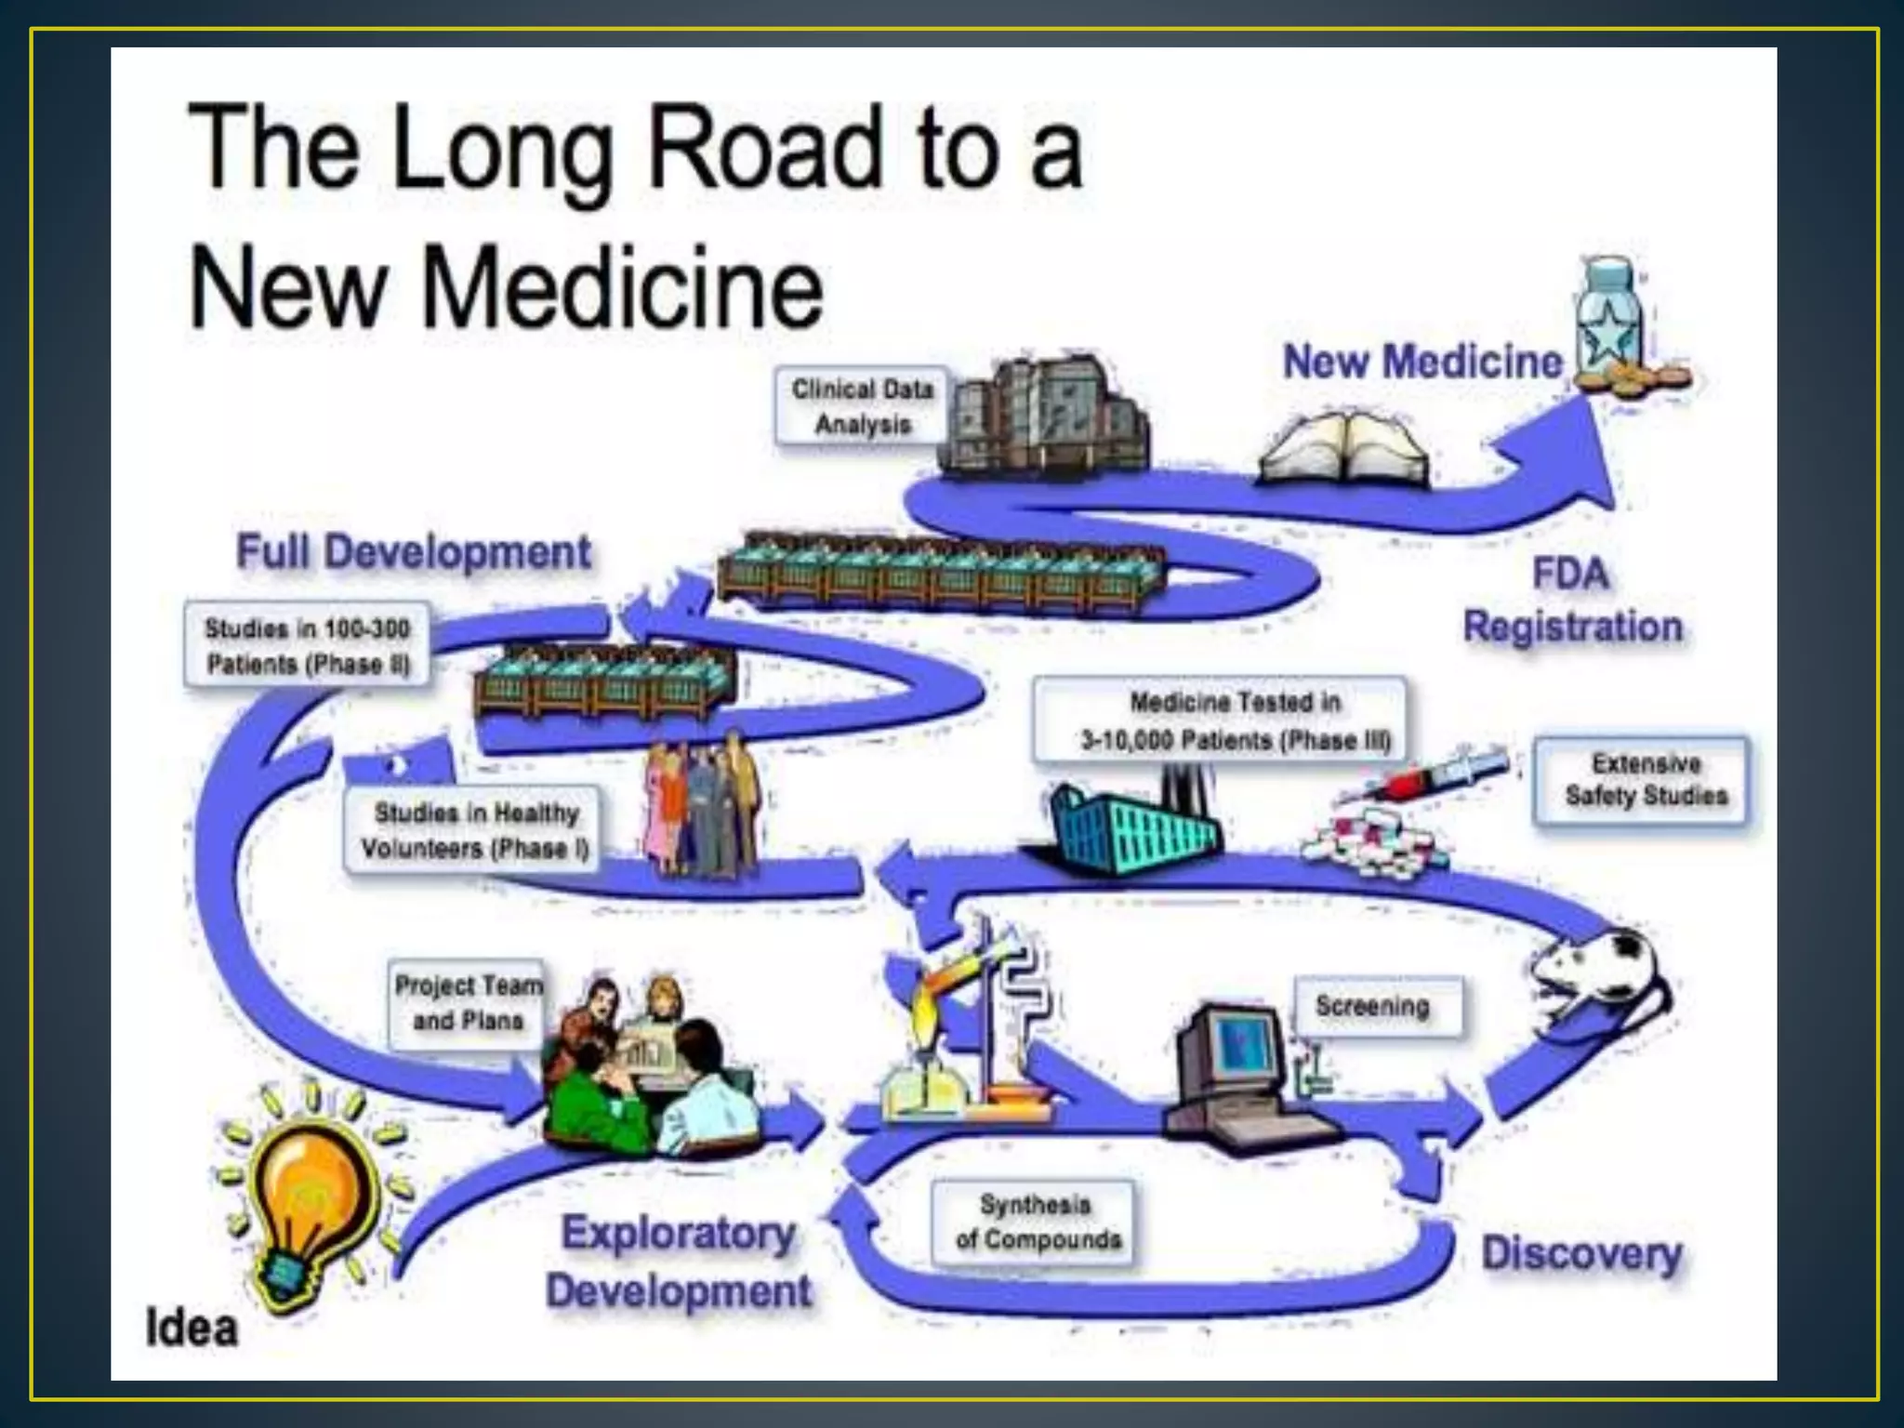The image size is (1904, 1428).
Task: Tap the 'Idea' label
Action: point(192,1327)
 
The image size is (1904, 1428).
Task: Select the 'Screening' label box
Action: point(1373,1006)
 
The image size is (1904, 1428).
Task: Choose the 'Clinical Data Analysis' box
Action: point(862,406)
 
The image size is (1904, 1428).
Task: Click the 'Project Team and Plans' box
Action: point(468,1003)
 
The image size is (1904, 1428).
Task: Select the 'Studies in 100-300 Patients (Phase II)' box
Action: point(308,646)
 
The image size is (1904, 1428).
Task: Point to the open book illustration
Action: point(1343,452)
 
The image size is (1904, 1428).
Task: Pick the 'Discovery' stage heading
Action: point(1581,1254)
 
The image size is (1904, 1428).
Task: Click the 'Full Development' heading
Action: point(414,551)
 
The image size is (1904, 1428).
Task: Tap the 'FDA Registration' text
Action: point(1572,601)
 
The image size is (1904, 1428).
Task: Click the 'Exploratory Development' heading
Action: point(679,1262)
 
